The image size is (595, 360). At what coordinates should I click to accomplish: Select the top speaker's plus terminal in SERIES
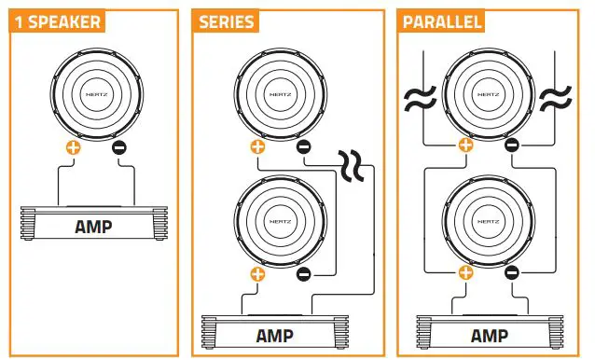[258, 146]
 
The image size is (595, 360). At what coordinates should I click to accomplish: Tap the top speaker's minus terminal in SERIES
[303, 146]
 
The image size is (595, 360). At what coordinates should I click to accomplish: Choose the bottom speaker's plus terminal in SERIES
[258, 273]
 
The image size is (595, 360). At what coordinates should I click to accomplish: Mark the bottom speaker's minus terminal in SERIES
[303, 273]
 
